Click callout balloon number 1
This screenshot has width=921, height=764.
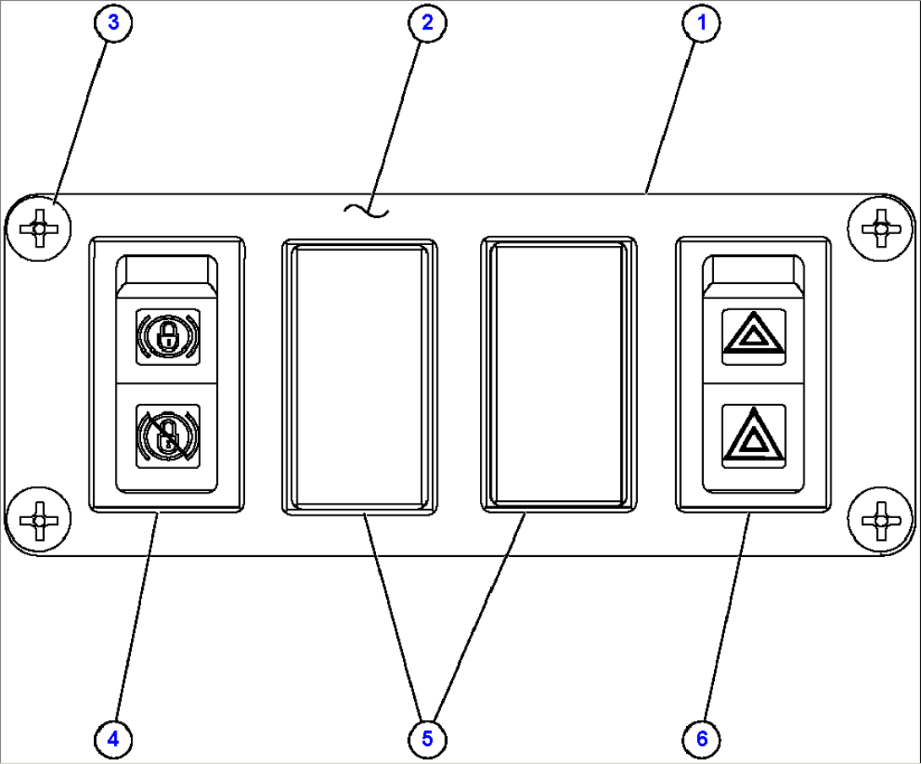(701, 23)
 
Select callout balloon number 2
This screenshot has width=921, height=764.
(428, 23)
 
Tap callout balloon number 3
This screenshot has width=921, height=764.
(113, 23)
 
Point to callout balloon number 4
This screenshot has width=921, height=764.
(113, 739)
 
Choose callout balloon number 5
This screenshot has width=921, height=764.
(428, 739)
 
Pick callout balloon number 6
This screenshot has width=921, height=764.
(701, 739)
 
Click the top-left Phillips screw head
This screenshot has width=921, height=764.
(39, 228)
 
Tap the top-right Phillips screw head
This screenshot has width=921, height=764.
(881, 228)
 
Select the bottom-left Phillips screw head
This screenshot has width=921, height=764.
(39, 521)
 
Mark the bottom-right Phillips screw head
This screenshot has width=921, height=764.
(881, 521)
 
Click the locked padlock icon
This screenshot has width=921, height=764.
(168, 336)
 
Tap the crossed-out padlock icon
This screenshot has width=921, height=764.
(168, 436)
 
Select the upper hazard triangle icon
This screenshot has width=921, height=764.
(754, 336)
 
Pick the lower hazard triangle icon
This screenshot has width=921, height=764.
(754, 436)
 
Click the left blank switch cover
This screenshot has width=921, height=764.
(359, 377)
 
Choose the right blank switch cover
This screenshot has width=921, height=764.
(559, 374)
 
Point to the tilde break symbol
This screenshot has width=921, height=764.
(366, 210)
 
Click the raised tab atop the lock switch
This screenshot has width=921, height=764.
(166, 272)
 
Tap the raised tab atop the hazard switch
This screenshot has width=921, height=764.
(754, 272)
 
